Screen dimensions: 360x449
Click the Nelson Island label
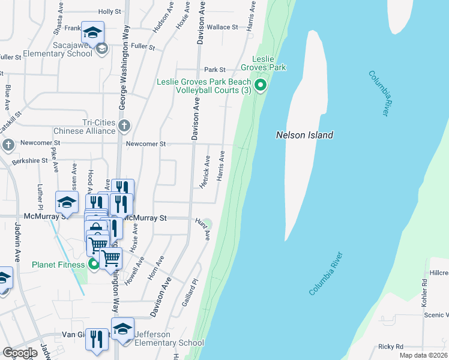(304, 135)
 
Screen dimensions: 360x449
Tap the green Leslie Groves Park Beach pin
(261, 86)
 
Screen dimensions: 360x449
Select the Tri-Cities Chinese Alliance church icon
(124, 126)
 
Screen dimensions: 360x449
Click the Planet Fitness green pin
(94, 264)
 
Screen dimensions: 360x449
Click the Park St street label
(214, 70)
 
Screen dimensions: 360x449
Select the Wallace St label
(222, 27)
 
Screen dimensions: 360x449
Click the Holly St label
(110, 11)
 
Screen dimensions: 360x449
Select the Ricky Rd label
(390, 346)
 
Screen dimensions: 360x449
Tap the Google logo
(20, 353)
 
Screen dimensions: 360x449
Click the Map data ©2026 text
(423, 355)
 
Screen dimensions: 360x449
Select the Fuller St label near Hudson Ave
(143, 46)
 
